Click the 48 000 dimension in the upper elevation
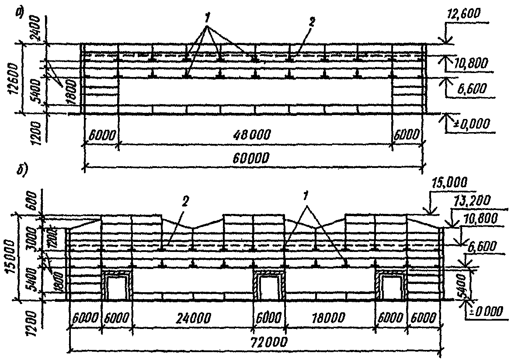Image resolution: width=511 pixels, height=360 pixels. pos(255,136)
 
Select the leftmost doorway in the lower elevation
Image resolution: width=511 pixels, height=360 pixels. pos(116,287)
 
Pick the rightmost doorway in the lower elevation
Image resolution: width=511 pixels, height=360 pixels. pos(392,287)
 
